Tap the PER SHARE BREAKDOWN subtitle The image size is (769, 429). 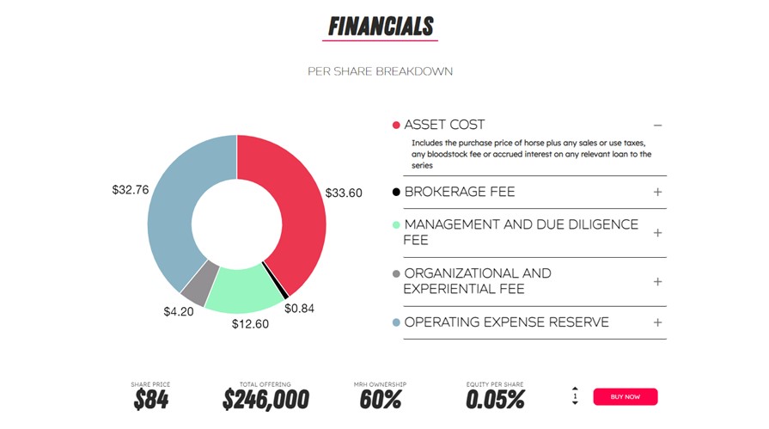(380, 71)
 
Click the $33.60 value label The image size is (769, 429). (344, 193)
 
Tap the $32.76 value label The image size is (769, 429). (131, 189)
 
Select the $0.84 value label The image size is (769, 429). (300, 308)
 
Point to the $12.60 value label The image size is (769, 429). (250, 324)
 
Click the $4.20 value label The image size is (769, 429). (179, 312)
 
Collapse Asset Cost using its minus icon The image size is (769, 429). (657, 126)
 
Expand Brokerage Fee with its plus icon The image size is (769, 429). (657, 192)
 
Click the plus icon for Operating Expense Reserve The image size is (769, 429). (657, 322)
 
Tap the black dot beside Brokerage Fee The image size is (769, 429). (396, 192)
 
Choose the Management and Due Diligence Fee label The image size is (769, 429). (521, 232)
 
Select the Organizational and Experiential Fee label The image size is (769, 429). (477, 281)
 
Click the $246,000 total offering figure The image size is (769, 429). (265, 400)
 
